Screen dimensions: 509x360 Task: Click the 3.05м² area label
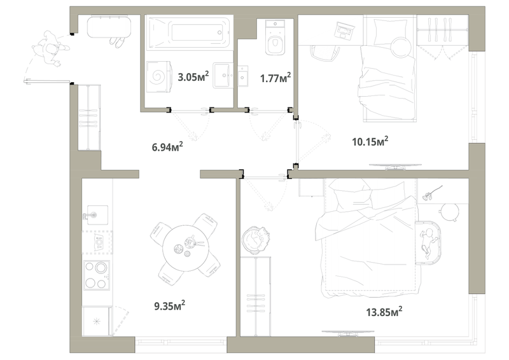point(193,76)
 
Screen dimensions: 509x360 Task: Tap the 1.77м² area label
point(275,78)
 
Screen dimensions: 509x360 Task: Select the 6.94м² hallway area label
point(167,147)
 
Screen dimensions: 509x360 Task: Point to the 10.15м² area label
point(370,142)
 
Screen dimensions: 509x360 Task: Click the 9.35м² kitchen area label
point(170,305)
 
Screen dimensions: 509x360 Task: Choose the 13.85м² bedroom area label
point(384,312)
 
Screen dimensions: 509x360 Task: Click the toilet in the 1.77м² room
point(275,37)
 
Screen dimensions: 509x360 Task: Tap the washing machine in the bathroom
point(159,77)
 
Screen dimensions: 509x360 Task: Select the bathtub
point(190,33)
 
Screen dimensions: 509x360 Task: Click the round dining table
point(186,249)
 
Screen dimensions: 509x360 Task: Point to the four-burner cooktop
point(97,275)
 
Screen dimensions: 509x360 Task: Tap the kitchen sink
point(96,214)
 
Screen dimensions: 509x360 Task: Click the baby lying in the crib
point(428,241)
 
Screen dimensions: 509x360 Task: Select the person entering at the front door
point(50,50)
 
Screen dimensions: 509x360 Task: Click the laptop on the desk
point(345,31)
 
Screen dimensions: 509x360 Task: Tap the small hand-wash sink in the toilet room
point(243,76)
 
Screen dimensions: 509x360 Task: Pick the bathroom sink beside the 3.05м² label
point(223,75)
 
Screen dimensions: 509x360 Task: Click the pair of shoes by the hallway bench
point(117,43)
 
